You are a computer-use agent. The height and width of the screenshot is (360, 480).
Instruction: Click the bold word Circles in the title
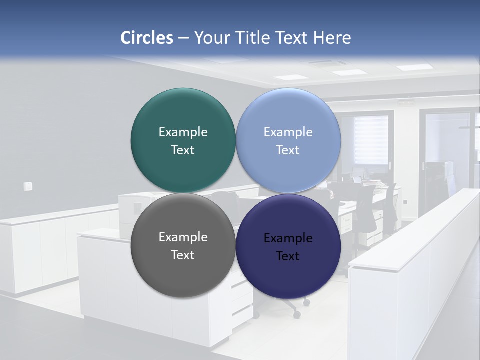pos(147,38)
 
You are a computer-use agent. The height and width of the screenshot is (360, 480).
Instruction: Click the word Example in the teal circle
pos(183,132)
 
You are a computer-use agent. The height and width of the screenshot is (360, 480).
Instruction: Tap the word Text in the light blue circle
pos(288,150)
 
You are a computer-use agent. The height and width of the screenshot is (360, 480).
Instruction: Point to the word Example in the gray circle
pos(183,237)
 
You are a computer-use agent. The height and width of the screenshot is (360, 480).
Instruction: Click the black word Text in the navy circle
pos(288,256)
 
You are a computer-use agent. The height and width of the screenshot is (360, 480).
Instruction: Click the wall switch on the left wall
pos(28,186)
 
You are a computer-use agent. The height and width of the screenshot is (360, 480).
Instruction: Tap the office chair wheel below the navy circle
pos(297,314)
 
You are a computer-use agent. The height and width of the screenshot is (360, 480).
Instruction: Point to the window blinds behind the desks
pos(371,140)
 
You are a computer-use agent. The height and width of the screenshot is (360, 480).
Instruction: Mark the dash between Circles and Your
pos(183,38)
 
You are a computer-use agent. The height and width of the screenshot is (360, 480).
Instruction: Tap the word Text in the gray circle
pos(183,255)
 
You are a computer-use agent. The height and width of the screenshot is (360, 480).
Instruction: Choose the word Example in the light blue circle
pos(288,132)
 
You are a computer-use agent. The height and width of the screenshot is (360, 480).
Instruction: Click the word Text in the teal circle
pos(183,150)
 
